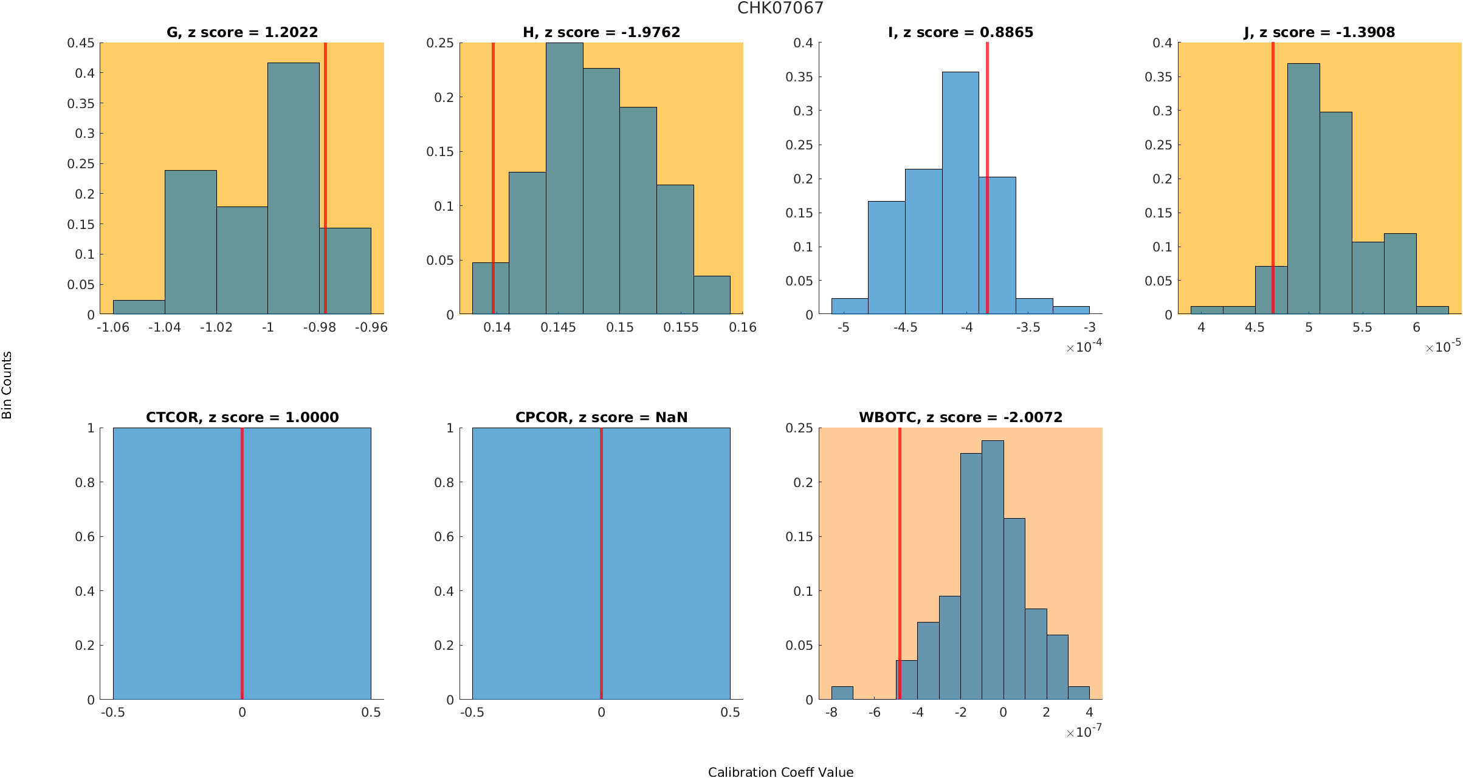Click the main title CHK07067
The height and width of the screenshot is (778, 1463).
point(780,8)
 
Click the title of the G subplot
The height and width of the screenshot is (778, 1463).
point(242,32)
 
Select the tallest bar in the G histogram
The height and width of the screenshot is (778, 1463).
point(293,188)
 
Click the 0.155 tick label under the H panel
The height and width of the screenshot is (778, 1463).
point(681,327)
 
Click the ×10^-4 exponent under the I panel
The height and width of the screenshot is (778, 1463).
point(1084,347)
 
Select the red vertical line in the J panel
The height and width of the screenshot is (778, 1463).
point(1273,176)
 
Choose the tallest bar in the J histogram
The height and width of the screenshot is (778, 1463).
point(1303,188)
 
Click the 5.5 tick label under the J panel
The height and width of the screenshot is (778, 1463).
point(1362,327)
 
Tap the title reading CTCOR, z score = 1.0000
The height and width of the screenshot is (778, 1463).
point(242,417)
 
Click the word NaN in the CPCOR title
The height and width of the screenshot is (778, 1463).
point(672,417)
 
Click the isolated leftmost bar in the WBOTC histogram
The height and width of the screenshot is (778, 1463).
point(842,693)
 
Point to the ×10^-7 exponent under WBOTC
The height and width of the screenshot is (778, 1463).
point(1084,732)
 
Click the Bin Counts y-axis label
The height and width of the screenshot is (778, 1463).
point(7,385)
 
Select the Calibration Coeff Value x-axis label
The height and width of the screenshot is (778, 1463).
point(780,772)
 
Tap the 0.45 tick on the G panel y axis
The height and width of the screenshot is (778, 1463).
point(81,43)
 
